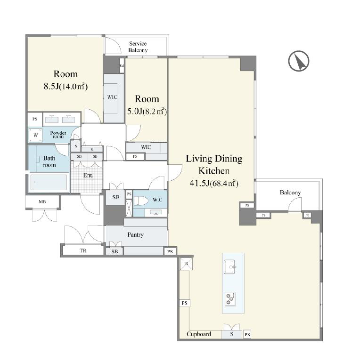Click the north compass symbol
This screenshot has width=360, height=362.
pyautogui.click(x=299, y=61)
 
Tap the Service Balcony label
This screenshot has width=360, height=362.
pyautogui.click(x=138, y=47)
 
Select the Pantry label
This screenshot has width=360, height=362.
pyautogui.click(x=135, y=235)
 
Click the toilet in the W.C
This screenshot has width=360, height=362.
pyautogui.click(x=141, y=201)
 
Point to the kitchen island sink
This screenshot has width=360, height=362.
pyautogui.click(x=229, y=267)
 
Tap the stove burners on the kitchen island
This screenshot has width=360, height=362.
pyautogui.click(x=230, y=299)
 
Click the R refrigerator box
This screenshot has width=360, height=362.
pyautogui.click(x=186, y=264)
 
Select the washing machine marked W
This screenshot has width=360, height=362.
pyautogui.click(x=36, y=135)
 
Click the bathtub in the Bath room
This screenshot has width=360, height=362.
pyautogui.click(x=49, y=182)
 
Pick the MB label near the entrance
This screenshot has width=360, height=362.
pyautogui.click(x=42, y=202)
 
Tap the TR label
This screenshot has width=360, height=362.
pyautogui.click(x=83, y=251)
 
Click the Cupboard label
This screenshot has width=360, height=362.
pyautogui.click(x=199, y=334)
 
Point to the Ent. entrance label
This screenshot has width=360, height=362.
pyautogui.click(x=88, y=176)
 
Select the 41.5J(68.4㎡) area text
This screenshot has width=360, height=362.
pyautogui.click(x=214, y=183)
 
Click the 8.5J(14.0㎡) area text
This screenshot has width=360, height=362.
pyautogui.click(x=65, y=86)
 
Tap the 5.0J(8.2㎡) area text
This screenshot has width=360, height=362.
pyautogui.click(x=147, y=111)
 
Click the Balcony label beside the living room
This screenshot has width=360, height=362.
pyautogui.click(x=290, y=193)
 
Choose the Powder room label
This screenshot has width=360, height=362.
pyautogui.click(x=58, y=135)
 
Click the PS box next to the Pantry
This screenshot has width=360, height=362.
pyautogui.click(x=170, y=252)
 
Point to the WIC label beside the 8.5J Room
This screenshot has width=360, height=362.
pyautogui.click(x=112, y=97)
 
